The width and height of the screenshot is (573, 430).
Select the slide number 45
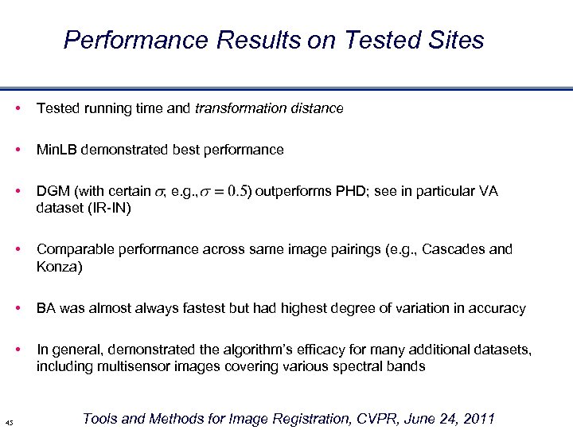(x=9, y=422)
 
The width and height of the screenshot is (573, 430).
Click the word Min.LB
(x=59, y=150)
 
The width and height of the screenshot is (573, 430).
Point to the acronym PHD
(x=350, y=191)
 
